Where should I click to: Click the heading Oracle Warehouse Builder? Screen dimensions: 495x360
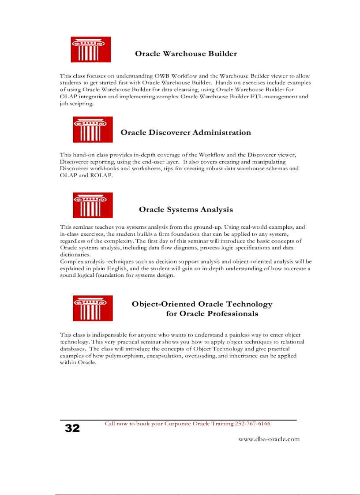[x=186, y=54]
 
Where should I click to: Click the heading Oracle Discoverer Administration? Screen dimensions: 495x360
[x=186, y=133]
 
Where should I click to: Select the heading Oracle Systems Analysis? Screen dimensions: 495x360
[x=186, y=210]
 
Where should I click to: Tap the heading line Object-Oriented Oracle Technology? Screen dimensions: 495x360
[x=202, y=304]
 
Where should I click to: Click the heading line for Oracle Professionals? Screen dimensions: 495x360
[x=212, y=314]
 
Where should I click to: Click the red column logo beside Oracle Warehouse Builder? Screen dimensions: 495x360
[x=91, y=49]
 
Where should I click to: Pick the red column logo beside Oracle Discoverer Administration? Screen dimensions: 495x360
[x=93, y=130]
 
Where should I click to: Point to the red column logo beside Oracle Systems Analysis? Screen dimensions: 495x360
[x=93, y=205]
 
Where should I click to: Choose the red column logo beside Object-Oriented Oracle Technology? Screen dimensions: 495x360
[x=93, y=308]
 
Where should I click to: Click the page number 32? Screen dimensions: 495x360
[x=72, y=428]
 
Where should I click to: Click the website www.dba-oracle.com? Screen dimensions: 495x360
[x=269, y=439]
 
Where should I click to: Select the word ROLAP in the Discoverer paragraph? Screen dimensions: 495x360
[x=103, y=175]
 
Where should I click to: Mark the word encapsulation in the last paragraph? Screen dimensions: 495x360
[x=163, y=356]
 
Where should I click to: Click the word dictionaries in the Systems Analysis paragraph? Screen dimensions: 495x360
[x=74, y=255]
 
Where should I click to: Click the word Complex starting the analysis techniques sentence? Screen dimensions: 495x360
[x=71, y=261]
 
